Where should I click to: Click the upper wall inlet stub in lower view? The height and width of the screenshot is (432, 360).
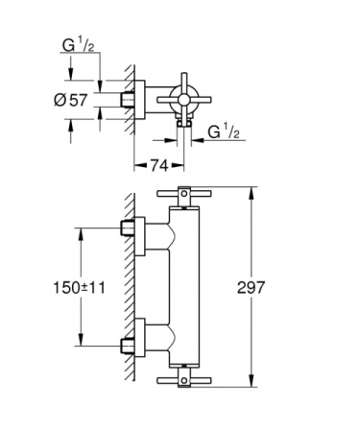126,228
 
